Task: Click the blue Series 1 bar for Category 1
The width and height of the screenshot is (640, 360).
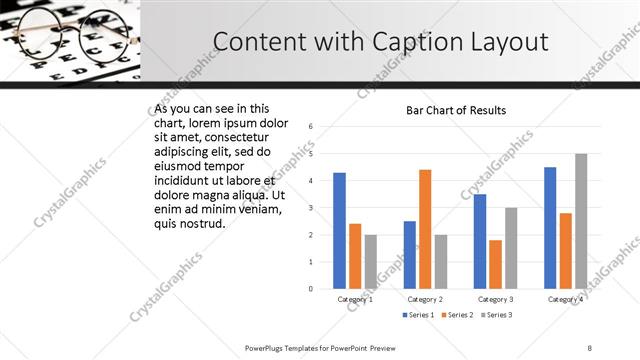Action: [339, 230]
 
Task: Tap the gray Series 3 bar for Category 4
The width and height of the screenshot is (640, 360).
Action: [581, 221]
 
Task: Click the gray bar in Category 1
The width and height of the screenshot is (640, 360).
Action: [371, 261]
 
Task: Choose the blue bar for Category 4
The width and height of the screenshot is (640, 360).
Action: [550, 227]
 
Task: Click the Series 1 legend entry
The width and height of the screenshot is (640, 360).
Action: [417, 316]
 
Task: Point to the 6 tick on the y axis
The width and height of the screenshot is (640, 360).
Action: [311, 127]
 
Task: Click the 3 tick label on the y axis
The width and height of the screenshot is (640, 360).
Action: [311, 208]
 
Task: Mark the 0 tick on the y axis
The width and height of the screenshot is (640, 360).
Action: [311, 289]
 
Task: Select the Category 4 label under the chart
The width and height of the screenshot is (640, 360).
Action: [565, 299]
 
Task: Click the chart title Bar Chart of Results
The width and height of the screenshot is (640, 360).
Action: [455, 110]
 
